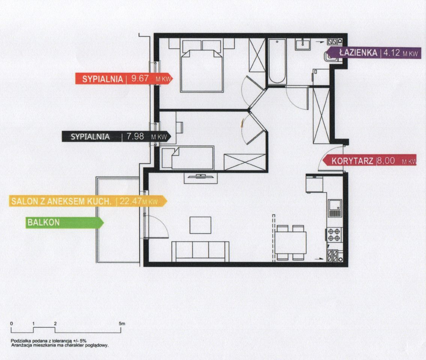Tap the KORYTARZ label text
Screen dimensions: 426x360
(352, 161)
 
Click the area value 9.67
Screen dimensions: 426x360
(140, 78)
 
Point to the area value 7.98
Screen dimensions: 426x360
(135, 136)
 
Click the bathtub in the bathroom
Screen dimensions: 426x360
(277, 61)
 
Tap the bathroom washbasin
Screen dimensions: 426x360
(303, 44)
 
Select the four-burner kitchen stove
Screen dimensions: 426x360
(334, 235)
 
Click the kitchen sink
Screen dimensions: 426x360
(334, 208)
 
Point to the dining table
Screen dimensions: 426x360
(291, 243)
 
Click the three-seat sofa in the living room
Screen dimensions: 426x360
(200, 251)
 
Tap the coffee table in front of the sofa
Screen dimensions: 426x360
(200, 225)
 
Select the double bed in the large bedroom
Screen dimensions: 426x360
(201, 66)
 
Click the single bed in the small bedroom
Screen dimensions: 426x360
(192, 158)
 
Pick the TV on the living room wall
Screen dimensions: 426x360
(200, 176)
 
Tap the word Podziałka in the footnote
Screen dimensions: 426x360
(21, 340)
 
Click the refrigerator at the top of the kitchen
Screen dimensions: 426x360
(314, 183)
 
